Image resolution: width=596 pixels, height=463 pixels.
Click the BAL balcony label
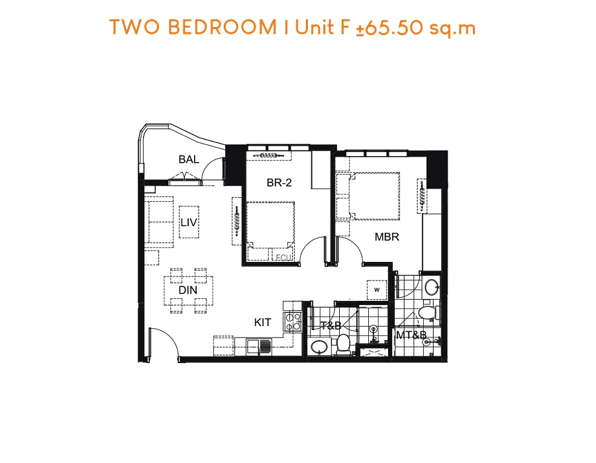(x=189, y=159)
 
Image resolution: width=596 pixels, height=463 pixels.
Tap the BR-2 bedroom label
(x=279, y=183)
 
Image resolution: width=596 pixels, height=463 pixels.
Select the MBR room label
(x=387, y=237)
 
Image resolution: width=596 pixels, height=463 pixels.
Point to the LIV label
(x=189, y=222)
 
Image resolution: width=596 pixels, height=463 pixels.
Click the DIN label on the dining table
(x=188, y=290)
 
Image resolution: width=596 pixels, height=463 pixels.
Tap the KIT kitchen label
(x=263, y=323)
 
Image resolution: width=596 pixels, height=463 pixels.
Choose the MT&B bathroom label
(x=411, y=335)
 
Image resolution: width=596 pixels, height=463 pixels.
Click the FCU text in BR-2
(x=283, y=258)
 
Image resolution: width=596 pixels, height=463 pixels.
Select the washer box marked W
(x=377, y=290)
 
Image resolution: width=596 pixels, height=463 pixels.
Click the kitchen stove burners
(x=292, y=321)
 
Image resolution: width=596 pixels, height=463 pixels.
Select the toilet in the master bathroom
(x=428, y=312)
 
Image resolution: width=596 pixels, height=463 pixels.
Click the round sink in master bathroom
(x=431, y=287)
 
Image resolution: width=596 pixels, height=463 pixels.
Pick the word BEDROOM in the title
(x=223, y=27)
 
